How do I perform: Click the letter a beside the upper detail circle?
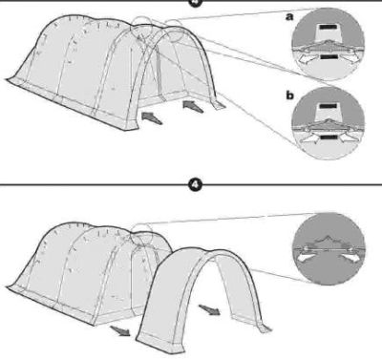tap(289, 17)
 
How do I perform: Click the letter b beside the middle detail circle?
tap(289, 95)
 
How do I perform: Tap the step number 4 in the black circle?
tap(195, 184)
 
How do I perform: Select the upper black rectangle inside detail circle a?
tap(328, 28)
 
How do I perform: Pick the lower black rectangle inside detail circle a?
tap(329, 57)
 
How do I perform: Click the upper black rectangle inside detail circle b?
tap(329, 106)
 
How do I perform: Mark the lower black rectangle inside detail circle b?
tap(329, 137)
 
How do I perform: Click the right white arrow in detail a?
tap(350, 57)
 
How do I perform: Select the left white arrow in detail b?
tap(308, 139)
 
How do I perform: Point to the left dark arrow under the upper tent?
tap(152, 118)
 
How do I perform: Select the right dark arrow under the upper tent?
tap(193, 106)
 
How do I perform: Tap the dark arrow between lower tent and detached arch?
tap(209, 309)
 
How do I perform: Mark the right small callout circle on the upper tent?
tap(174, 32)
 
